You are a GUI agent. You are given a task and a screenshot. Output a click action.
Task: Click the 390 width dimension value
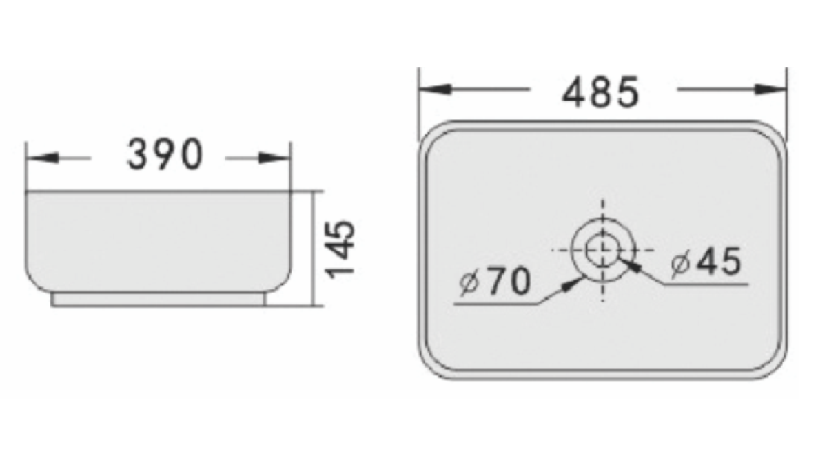click(x=165, y=155)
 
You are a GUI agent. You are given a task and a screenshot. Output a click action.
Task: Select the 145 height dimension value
click(x=341, y=248)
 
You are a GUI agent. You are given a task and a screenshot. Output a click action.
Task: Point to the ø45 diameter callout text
click(x=706, y=262)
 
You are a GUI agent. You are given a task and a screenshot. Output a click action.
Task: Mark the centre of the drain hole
click(x=603, y=249)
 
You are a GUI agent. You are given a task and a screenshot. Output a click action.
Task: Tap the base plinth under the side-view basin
click(x=159, y=300)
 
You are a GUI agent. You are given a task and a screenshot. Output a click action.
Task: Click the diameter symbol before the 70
click(x=469, y=283)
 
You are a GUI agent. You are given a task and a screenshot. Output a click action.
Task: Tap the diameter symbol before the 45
click(x=681, y=262)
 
